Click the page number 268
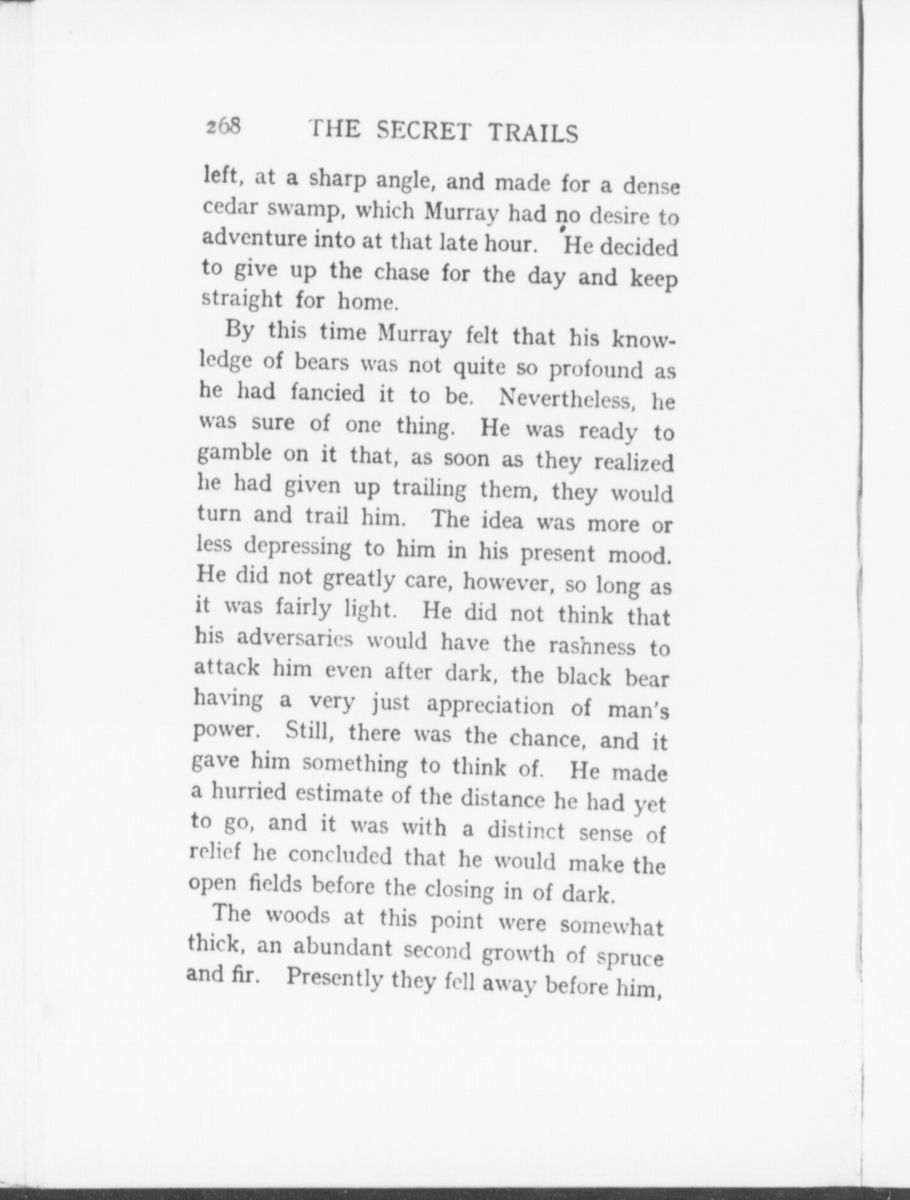click(x=223, y=126)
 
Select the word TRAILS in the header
click(x=533, y=133)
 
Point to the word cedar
click(x=226, y=207)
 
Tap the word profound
click(x=596, y=370)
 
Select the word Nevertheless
click(x=572, y=399)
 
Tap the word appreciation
click(x=490, y=705)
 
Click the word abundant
click(x=339, y=947)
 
